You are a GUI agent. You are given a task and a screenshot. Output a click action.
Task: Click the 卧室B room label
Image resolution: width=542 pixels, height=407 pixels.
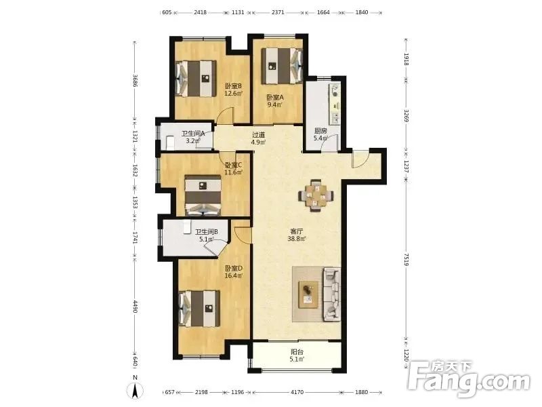click(233, 86)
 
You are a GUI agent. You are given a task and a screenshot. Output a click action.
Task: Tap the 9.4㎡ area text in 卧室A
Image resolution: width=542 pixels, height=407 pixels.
click(275, 105)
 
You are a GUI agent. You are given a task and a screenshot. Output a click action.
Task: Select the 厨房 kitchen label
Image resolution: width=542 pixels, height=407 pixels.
click(320, 131)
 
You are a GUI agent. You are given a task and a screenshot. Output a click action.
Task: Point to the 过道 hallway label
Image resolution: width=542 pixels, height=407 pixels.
click(258, 134)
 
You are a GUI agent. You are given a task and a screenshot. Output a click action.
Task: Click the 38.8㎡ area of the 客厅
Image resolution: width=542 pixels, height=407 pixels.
click(297, 239)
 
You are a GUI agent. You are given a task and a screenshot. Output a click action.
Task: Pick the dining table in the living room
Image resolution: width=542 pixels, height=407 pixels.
click(316, 195)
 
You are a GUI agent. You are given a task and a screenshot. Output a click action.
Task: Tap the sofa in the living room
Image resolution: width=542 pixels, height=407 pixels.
click(332, 294)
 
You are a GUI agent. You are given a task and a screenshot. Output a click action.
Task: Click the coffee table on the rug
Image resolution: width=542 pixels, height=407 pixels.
click(309, 294)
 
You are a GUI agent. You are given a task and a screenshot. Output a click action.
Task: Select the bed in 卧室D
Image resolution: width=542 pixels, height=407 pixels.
click(199, 309)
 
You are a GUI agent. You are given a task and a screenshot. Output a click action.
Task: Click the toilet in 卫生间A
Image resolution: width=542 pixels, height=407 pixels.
click(170, 142)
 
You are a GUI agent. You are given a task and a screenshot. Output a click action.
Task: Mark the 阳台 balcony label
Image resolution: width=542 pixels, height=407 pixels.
click(297, 352)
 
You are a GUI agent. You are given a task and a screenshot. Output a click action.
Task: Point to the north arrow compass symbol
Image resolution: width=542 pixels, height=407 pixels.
click(135, 389)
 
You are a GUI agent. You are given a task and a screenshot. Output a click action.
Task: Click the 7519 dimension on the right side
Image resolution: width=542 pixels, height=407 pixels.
click(406, 259)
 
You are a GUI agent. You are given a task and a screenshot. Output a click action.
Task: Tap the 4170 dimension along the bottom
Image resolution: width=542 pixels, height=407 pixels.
click(297, 392)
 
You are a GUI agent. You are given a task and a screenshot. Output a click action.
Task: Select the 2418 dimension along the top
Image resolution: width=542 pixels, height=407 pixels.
click(200, 12)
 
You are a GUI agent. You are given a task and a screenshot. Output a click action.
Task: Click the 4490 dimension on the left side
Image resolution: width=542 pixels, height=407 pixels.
click(135, 307)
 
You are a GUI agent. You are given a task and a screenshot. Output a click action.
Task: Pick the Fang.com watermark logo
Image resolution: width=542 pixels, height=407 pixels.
click(468, 380)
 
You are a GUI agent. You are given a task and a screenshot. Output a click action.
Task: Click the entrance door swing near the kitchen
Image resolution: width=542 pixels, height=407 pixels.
click(360, 159)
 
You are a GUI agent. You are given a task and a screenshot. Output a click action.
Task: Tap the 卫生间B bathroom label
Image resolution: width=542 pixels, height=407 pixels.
click(207, 232)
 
